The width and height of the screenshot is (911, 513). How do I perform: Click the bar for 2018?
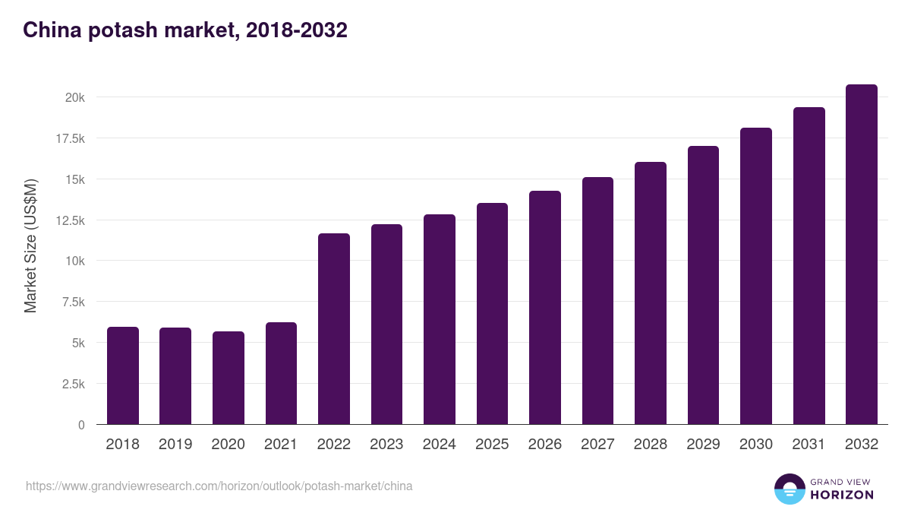(122, 375)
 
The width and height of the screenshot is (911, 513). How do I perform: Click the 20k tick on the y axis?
(74, 97)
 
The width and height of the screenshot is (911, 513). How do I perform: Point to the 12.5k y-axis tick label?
(70, 220)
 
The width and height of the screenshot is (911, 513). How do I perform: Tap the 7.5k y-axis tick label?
(73, 302)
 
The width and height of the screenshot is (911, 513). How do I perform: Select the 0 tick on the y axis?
(81, 425)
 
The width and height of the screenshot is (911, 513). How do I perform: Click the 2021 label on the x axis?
(281, 445)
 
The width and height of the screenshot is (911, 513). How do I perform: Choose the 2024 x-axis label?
(439, 445)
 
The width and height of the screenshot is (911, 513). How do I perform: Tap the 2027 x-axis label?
(597, 445)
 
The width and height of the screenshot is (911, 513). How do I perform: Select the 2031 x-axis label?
(809, 445)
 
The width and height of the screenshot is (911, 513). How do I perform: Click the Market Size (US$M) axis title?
(30, 245)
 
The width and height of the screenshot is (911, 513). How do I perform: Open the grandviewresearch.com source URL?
(219, 486)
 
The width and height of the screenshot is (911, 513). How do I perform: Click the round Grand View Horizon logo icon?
(789, 489)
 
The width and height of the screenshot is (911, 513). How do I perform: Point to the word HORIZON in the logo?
(842, 495)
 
